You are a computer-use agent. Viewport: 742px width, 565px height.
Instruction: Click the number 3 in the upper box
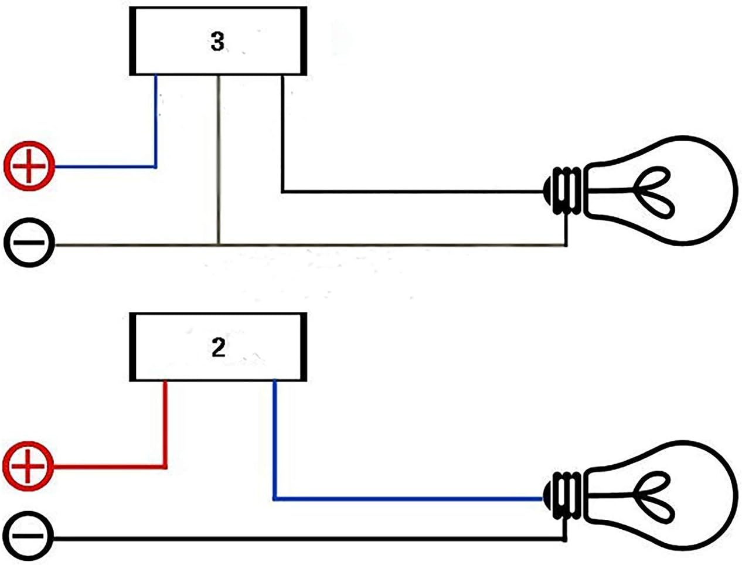point(217,42)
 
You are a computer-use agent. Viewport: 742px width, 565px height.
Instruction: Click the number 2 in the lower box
point(219,348)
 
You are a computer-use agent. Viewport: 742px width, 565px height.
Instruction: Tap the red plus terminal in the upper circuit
point(29,166)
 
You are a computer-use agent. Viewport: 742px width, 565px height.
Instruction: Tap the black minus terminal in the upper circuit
point(29,242)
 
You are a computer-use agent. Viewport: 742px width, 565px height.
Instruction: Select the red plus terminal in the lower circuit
point(28,467)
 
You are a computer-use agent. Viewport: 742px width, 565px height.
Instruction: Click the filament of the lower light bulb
point(654,498)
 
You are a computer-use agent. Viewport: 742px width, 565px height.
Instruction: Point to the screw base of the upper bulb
point(563,191)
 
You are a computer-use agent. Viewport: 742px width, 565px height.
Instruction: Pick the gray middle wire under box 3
point(219,159)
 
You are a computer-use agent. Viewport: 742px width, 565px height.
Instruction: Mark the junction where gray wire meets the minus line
point(219,244)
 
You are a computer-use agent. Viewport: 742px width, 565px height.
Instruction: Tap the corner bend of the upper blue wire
point(155,166)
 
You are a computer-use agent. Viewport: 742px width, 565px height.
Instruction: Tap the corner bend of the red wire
point(165,467)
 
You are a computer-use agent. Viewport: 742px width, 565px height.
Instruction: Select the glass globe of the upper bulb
point(661,191)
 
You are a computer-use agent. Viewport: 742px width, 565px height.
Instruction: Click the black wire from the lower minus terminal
point(308,539)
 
